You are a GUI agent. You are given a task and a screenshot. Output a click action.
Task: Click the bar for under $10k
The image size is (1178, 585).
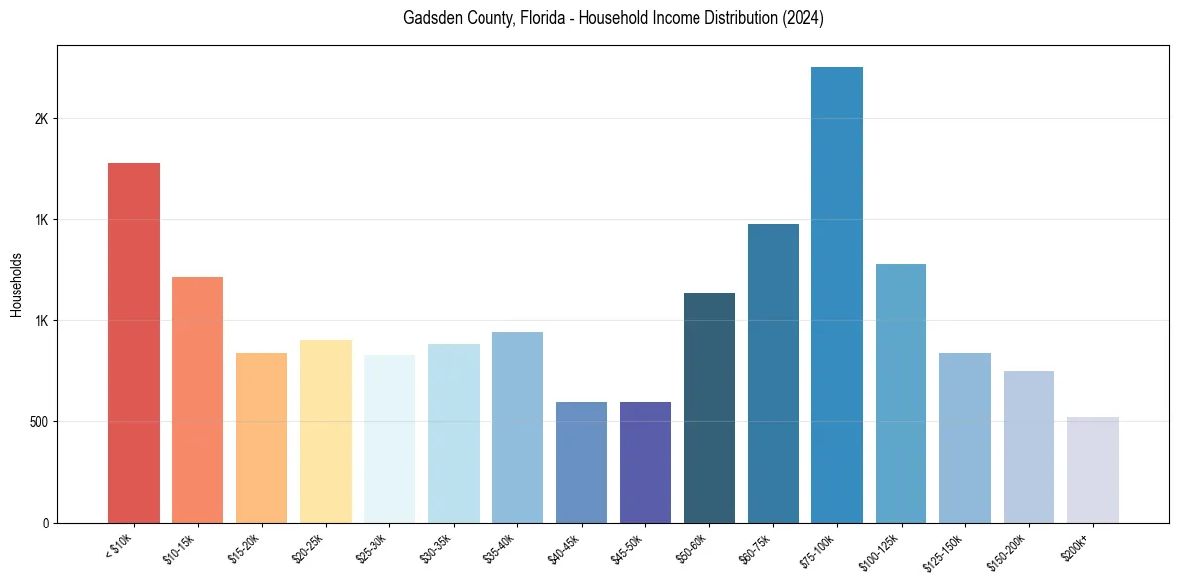point(134,342)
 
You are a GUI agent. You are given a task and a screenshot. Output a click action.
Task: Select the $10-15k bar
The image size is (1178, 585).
point(197,399)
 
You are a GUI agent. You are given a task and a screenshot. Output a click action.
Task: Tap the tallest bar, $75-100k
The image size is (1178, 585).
point(837,294)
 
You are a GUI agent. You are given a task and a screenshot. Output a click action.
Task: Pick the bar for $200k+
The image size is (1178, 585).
point(1093,470)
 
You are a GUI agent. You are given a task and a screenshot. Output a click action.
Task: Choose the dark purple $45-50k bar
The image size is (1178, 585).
point(645,462)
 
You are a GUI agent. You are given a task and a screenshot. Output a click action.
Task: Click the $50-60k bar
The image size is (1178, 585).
point(709,408)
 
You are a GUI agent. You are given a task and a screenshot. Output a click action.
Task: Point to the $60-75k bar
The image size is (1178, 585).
point(773,373)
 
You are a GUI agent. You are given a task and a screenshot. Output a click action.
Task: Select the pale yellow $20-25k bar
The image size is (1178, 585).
point(325,431)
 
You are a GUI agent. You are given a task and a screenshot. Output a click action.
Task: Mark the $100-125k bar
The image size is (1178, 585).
point(901,393)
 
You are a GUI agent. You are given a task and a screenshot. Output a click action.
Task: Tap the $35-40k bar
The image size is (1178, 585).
point(517,427)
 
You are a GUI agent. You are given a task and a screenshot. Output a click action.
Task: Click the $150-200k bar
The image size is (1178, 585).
point(1028,446)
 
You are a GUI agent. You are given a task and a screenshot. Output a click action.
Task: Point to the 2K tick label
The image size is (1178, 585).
point(41,119)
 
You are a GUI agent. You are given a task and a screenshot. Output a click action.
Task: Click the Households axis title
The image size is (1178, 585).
point(16,285)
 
